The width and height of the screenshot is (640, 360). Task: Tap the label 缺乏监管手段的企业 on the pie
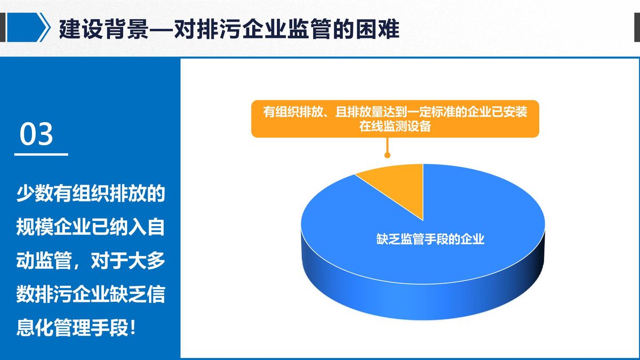click(x=430, y=239)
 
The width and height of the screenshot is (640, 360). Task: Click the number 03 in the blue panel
click(x=36, y=134)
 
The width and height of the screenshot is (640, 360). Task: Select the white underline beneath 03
click(x=41, y=155)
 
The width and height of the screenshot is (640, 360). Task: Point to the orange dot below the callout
click(x=387, y=155)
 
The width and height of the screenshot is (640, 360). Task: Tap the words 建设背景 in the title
click(x=104, y=29)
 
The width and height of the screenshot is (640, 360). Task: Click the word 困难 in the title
click(x=378, y=29)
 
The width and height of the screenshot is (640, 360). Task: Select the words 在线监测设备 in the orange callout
click(x=395, y=126)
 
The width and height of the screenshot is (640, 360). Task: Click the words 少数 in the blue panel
click(x=35, y=194)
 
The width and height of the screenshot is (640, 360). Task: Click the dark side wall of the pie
click(x=423, y=294)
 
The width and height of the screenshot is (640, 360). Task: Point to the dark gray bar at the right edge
click(x=637, y=27)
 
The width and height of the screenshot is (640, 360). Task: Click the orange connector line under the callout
click(x=387, y=145)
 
